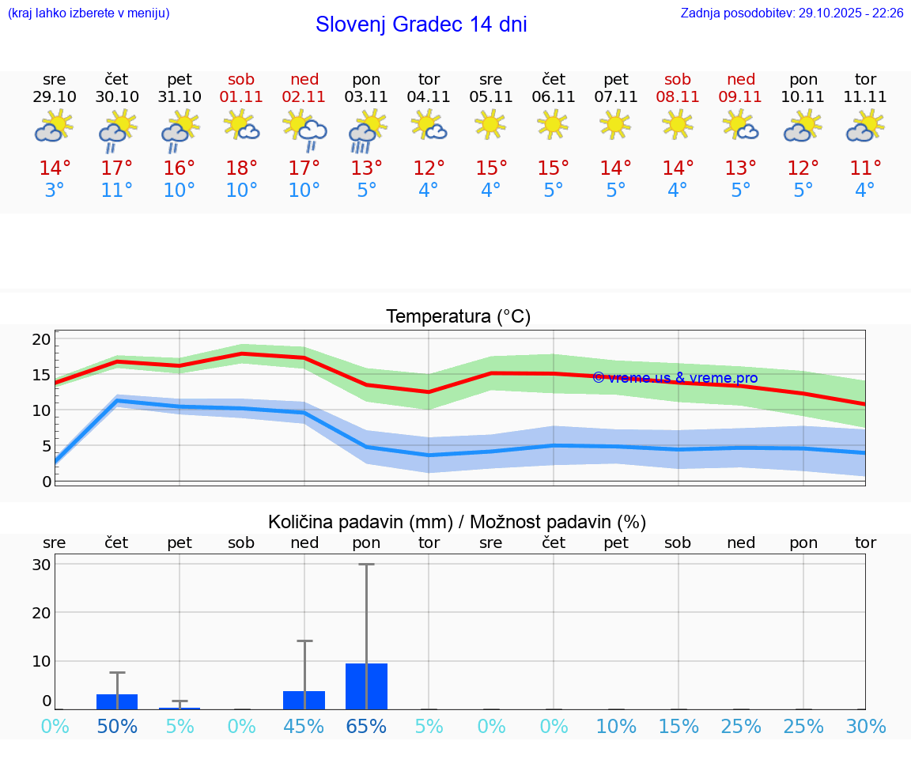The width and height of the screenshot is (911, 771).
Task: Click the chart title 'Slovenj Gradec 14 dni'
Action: tap(421, 25)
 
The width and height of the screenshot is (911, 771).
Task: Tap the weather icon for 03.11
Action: tap(366, 130)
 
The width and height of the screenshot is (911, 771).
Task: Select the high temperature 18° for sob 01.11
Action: tap(241, 168)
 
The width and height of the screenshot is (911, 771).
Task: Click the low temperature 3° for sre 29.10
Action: tap(55, 191)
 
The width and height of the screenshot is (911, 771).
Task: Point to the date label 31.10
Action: tap(180, 96)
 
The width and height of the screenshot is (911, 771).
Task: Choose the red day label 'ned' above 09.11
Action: tap(741, 79)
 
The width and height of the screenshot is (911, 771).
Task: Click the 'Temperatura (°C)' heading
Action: tap(458, 317)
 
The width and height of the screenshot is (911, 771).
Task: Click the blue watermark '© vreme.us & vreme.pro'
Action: tap(675, 378)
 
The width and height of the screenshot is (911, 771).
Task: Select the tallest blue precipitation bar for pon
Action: tap(366, 686)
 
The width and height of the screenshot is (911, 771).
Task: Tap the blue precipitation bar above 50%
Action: tap(117, 701)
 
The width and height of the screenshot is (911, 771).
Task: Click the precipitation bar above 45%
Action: tap(304, 700)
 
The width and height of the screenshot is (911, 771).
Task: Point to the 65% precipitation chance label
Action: tap(366, 727)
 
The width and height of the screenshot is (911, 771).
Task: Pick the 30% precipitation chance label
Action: tap(865, 727)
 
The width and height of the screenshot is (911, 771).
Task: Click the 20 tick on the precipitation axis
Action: tap(41, 613)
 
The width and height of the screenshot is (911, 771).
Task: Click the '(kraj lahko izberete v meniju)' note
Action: tap(89, 13)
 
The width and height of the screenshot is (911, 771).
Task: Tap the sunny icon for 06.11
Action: tap(553, 123)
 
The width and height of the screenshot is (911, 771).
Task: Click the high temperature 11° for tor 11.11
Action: tap(865, 168)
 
